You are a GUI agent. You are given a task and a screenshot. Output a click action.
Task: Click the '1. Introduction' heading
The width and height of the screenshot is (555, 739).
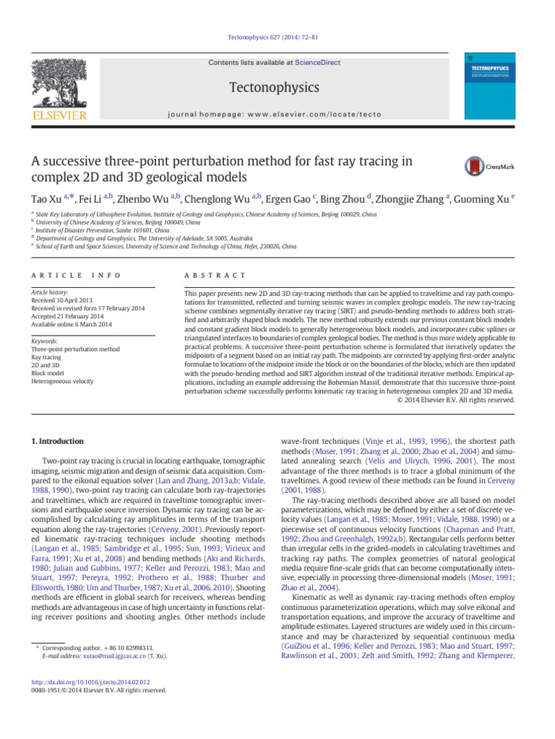coord(57,441)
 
